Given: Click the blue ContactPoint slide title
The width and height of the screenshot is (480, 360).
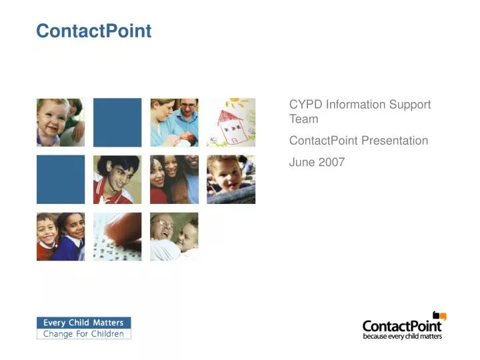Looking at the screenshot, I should coord(93,31).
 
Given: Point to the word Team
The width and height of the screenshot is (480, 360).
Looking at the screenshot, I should coord(303,119).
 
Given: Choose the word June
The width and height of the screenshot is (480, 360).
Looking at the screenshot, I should coord(301,162).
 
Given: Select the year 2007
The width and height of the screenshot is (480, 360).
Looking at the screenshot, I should coord(331,162).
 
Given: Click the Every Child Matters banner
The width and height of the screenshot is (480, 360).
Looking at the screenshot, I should coord(83,323).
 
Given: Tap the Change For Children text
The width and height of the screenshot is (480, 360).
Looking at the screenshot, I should coord(83,334).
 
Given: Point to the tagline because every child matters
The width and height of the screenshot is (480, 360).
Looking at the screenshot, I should coord(402,337).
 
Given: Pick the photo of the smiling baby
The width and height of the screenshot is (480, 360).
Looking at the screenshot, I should coord(60,122).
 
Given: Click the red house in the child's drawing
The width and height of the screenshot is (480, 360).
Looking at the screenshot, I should coord(231,126).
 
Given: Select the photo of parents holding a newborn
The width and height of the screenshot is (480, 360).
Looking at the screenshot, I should coord(174,122).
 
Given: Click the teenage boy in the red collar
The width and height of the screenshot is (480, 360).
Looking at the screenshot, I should coord(117,179).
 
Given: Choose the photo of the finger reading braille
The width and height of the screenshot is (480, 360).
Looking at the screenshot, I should coord(117,236).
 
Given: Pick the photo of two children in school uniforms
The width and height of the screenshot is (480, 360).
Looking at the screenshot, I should coord(60,236).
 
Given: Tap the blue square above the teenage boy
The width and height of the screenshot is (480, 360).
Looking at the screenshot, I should coord(117,122).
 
